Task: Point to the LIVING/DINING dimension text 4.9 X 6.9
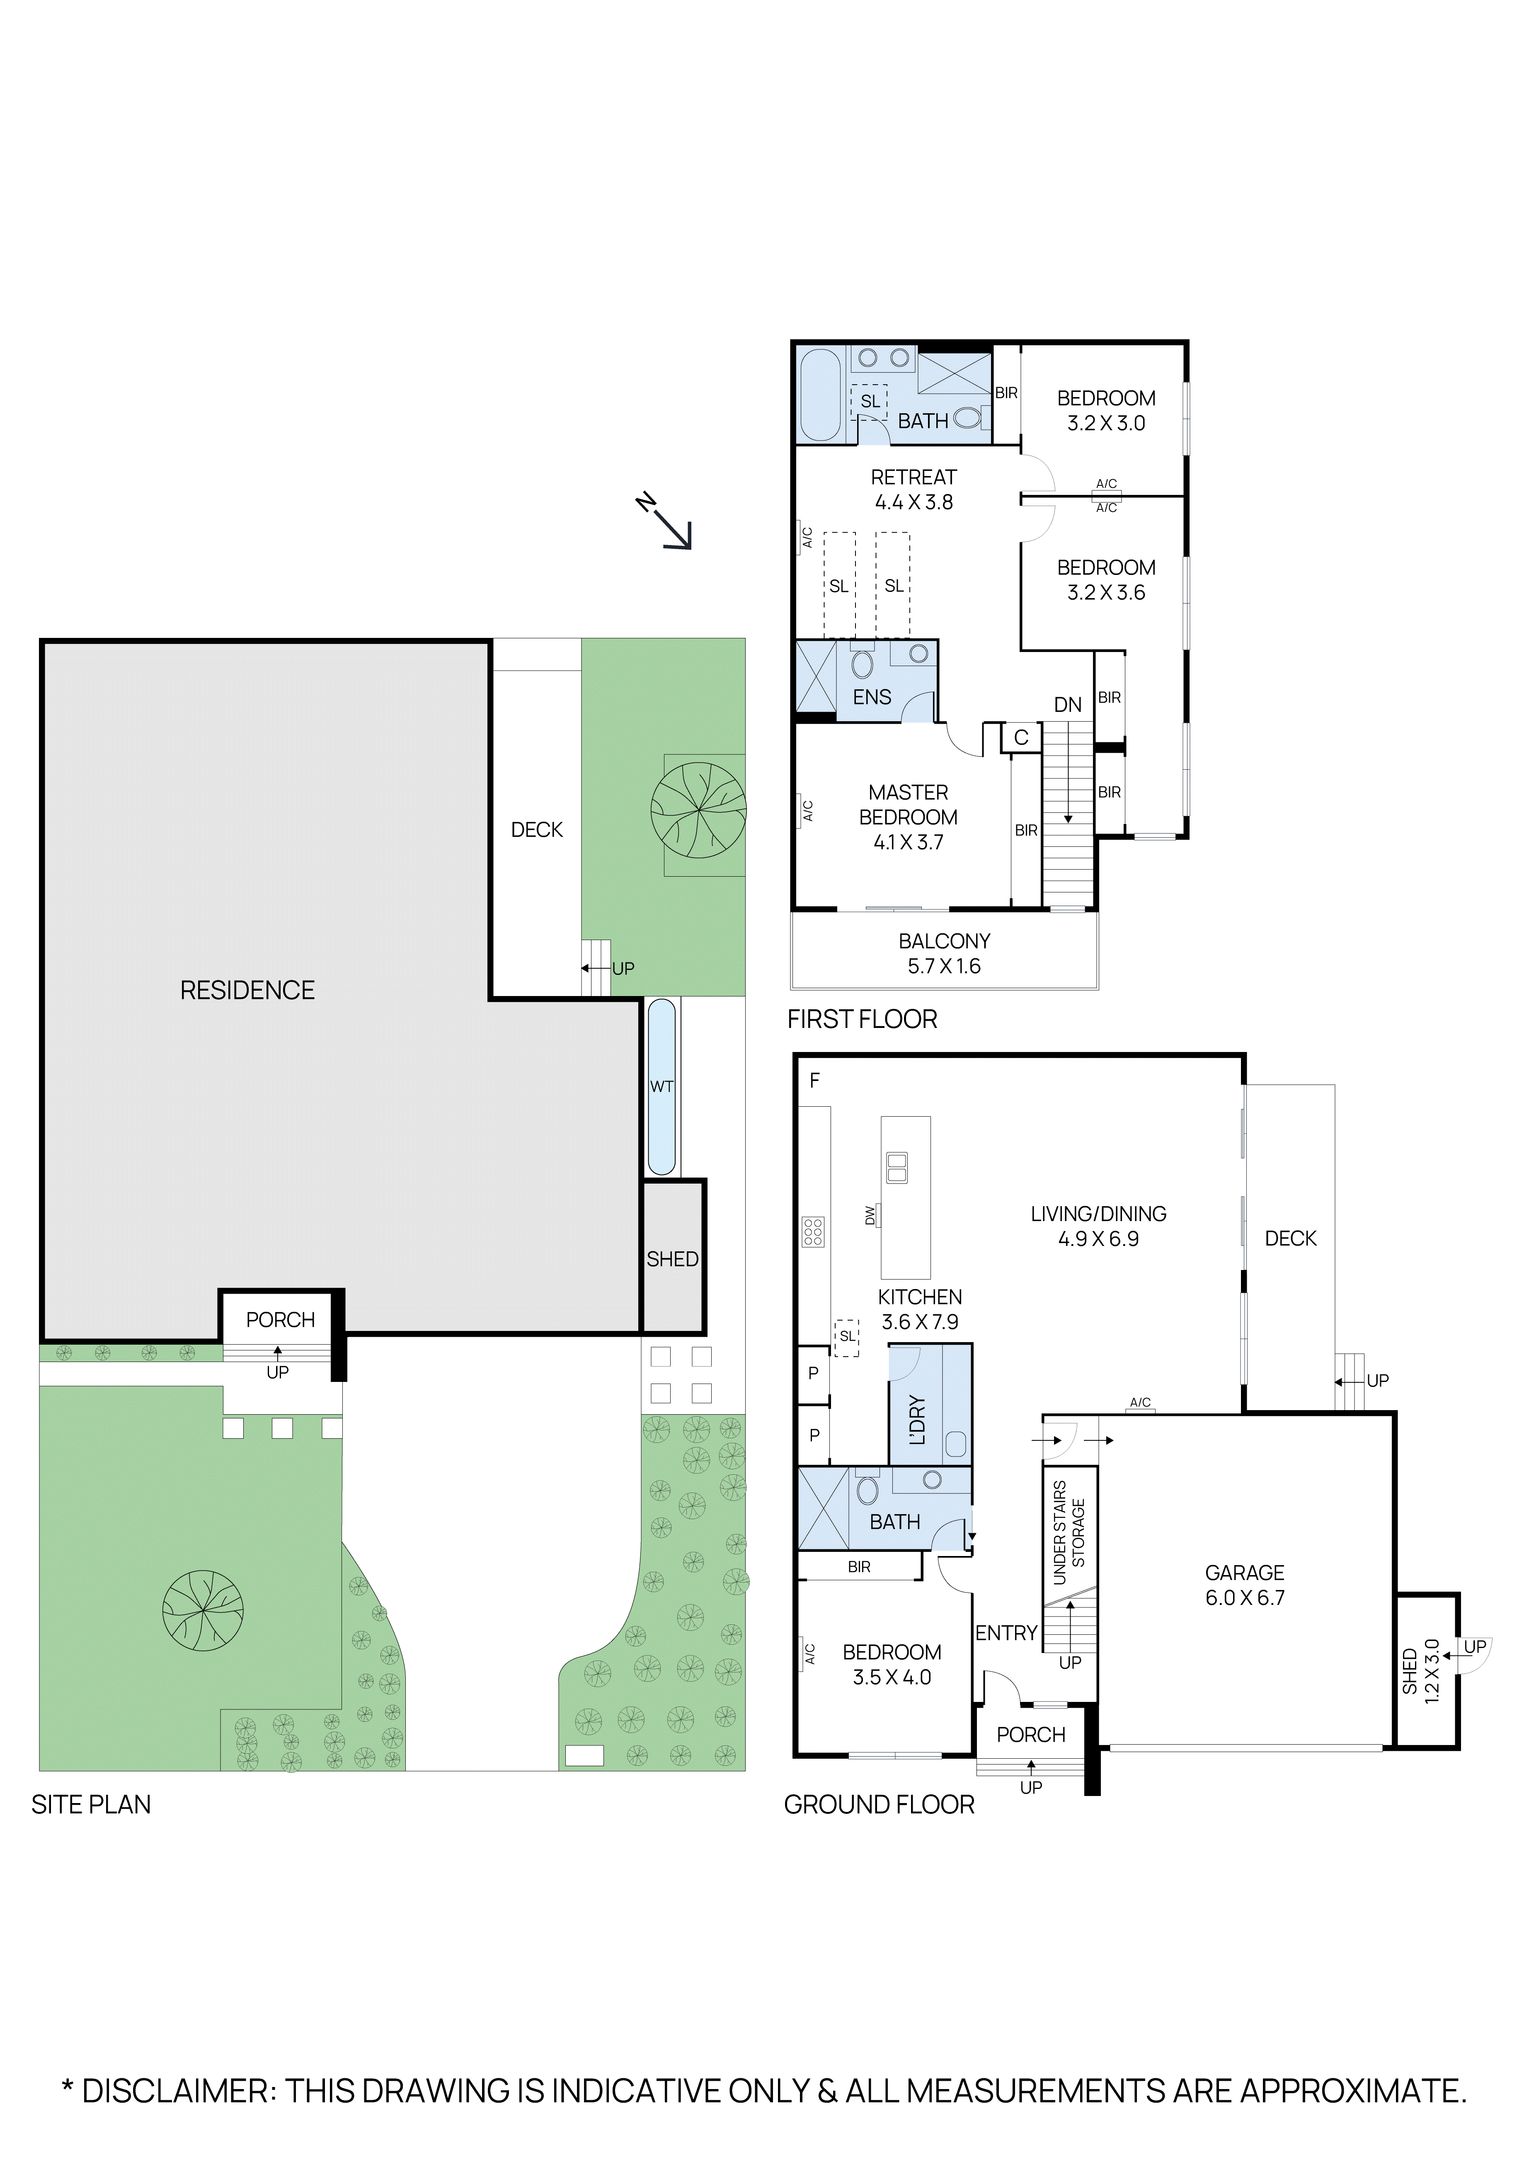(1098, 1239)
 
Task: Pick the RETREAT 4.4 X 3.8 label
(913, 490)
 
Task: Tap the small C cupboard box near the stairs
(1020, 737)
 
